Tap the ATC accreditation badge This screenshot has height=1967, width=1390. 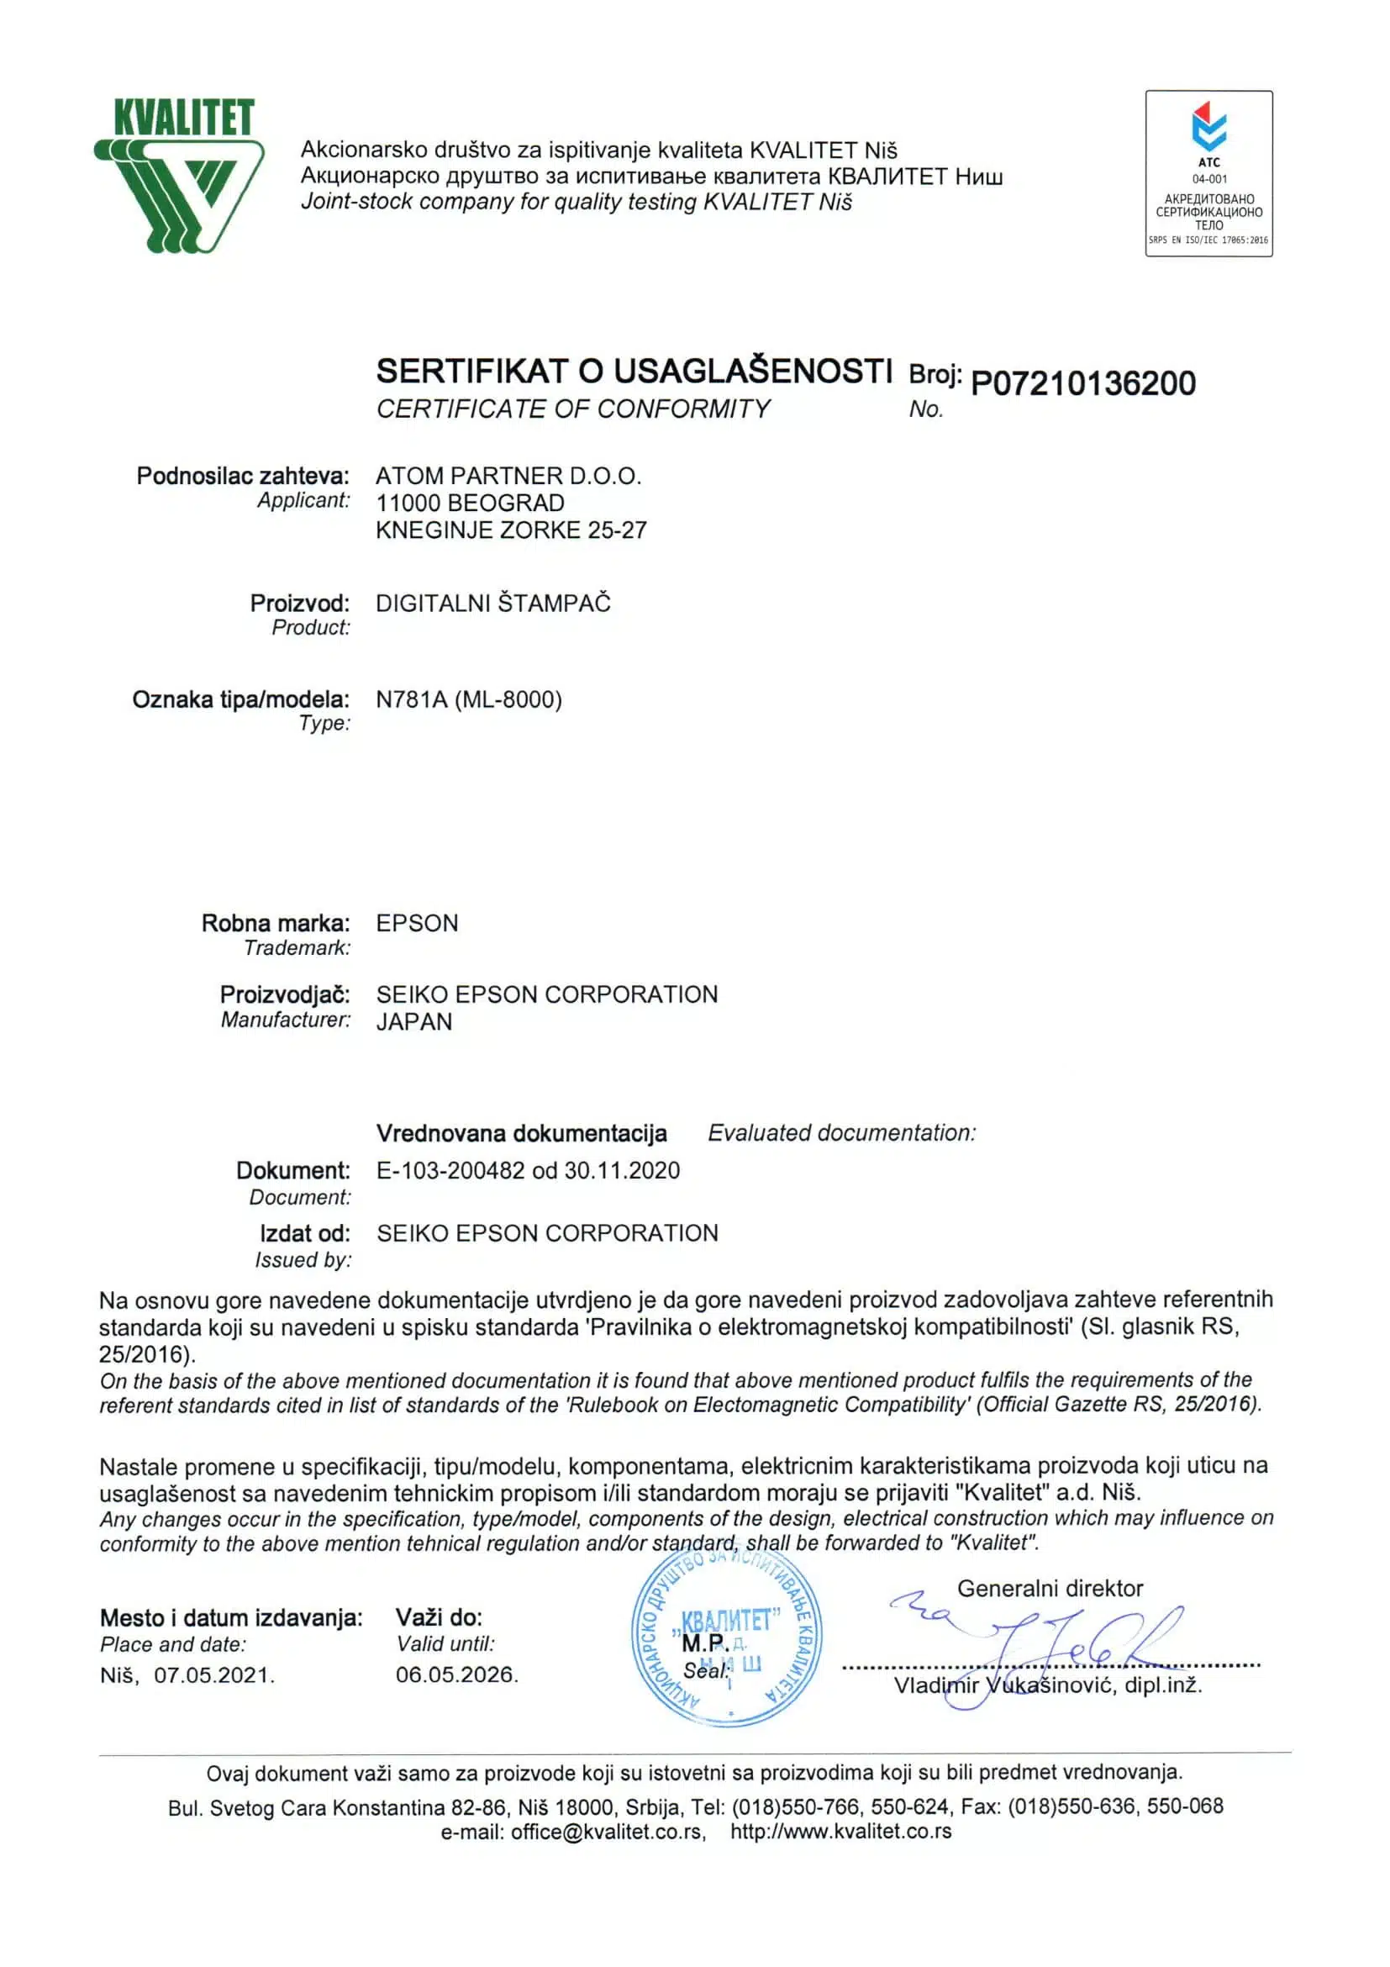click(x=1208, y=173)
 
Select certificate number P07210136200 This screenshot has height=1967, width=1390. click(x=1082, y=383)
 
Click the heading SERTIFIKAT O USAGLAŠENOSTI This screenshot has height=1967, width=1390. click(x=634, y=371)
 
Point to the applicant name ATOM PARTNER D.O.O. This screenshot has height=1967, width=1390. click(x=508, y=476)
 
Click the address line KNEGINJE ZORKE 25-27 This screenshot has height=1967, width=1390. click(x=511, y=530)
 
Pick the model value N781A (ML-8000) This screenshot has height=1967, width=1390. click(x=468, y=700)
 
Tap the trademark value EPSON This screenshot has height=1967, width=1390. click(x=417, y=923)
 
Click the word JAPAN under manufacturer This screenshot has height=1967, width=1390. click(x=413, y=1021)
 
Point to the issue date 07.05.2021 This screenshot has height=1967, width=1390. click(x=214, y=1674)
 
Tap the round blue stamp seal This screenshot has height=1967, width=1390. click(x=726, y=1638)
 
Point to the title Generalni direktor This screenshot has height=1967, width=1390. click(x=1050, y=1589)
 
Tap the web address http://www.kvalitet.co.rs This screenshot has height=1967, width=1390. click(x=840, y=1832)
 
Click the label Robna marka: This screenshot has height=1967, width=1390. click(x=275, y=923)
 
